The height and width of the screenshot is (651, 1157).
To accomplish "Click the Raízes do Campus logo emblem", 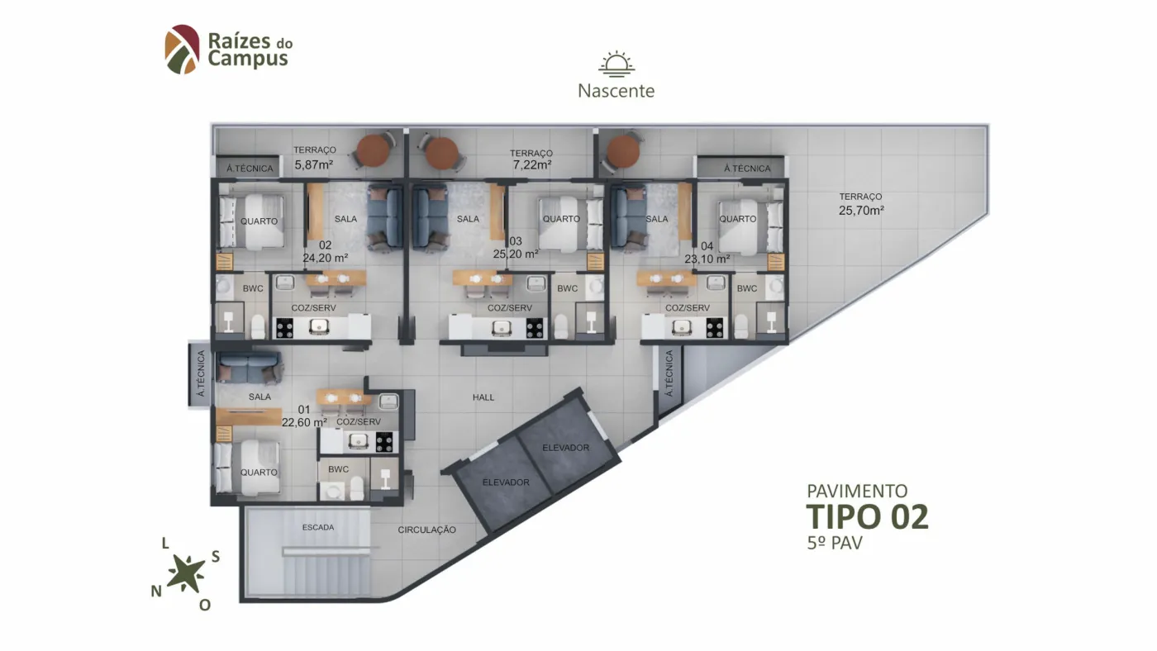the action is pos(182,50).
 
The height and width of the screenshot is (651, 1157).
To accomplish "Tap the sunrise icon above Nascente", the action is pos(617,64).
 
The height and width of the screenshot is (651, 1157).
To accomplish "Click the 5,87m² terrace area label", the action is pos(313,164).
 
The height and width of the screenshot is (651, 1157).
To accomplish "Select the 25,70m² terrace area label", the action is pos(861,210).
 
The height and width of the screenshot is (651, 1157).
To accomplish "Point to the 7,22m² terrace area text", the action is pos(532,164).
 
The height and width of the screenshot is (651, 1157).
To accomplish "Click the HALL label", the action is pos(483,397).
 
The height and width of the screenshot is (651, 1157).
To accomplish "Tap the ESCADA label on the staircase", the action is pos(317,527).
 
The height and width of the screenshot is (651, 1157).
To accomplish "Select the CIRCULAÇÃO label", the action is pos(426,530).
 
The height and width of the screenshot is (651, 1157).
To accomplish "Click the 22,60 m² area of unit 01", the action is pos(304,422).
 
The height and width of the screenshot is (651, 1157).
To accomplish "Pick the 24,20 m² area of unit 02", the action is pos(325,258).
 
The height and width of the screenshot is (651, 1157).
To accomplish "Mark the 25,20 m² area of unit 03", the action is pos(516,254).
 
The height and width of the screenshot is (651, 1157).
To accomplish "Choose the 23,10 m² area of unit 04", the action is pos(707,259).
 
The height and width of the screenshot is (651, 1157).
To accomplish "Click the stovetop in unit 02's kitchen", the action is pos(284,328).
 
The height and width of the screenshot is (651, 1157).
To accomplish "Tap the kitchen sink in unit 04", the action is pos(681,327).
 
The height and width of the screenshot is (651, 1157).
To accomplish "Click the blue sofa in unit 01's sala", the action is pos(250,367).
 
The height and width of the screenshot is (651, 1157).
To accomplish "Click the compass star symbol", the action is pos(186,573).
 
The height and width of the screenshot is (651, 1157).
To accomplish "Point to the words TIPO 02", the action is pos(867,517).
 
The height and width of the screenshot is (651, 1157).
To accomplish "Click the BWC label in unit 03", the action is pos(567,288).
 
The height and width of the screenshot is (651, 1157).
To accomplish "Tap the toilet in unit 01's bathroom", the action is pos(357,488).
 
